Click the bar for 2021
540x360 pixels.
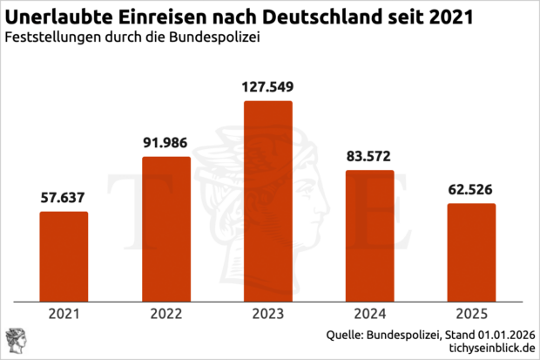(64, 257)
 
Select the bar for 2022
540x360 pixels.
(165, 230)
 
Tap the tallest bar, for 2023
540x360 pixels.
(267, 202)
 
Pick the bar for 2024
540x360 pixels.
(369, 236)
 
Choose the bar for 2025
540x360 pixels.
(471, 253)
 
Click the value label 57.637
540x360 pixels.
(64, 199)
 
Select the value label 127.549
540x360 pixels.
(267, 88)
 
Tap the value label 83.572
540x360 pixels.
(369, 157)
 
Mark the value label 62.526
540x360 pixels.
(471, 190)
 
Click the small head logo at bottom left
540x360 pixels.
(15, 341)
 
